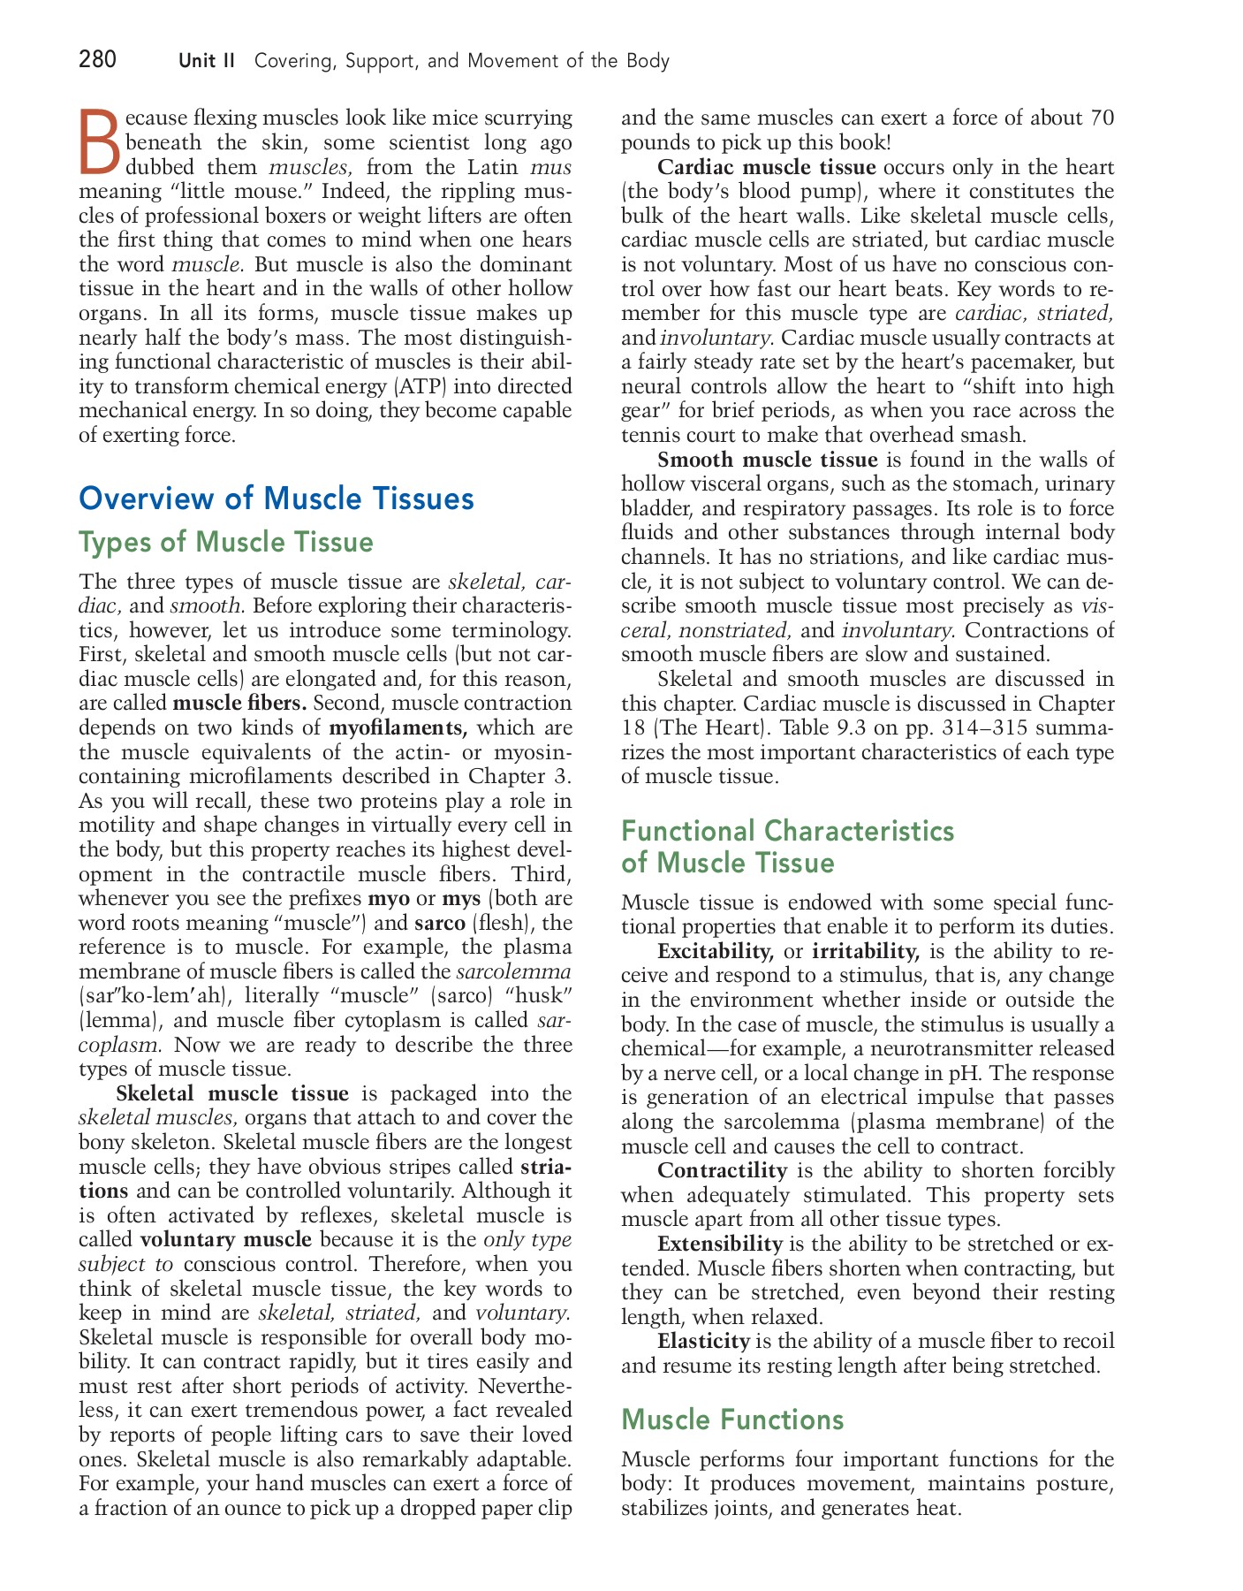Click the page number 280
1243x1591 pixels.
tap(97, 60)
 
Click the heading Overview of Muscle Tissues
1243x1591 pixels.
tap(277, 499)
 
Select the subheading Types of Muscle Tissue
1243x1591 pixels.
tap(226, 542)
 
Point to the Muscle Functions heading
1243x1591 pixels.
tap(732, 1419)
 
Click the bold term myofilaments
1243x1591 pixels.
tap(397, 728)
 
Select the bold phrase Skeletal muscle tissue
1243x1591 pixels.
tap(231, 1093)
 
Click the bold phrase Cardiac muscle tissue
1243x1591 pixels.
tap(766, 167)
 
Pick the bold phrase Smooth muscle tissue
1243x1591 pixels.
tap(767, 460)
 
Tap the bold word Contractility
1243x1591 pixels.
tap(722, 1170)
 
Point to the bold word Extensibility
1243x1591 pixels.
tap(719, 1244)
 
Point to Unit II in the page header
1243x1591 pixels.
tap(207, 61)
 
